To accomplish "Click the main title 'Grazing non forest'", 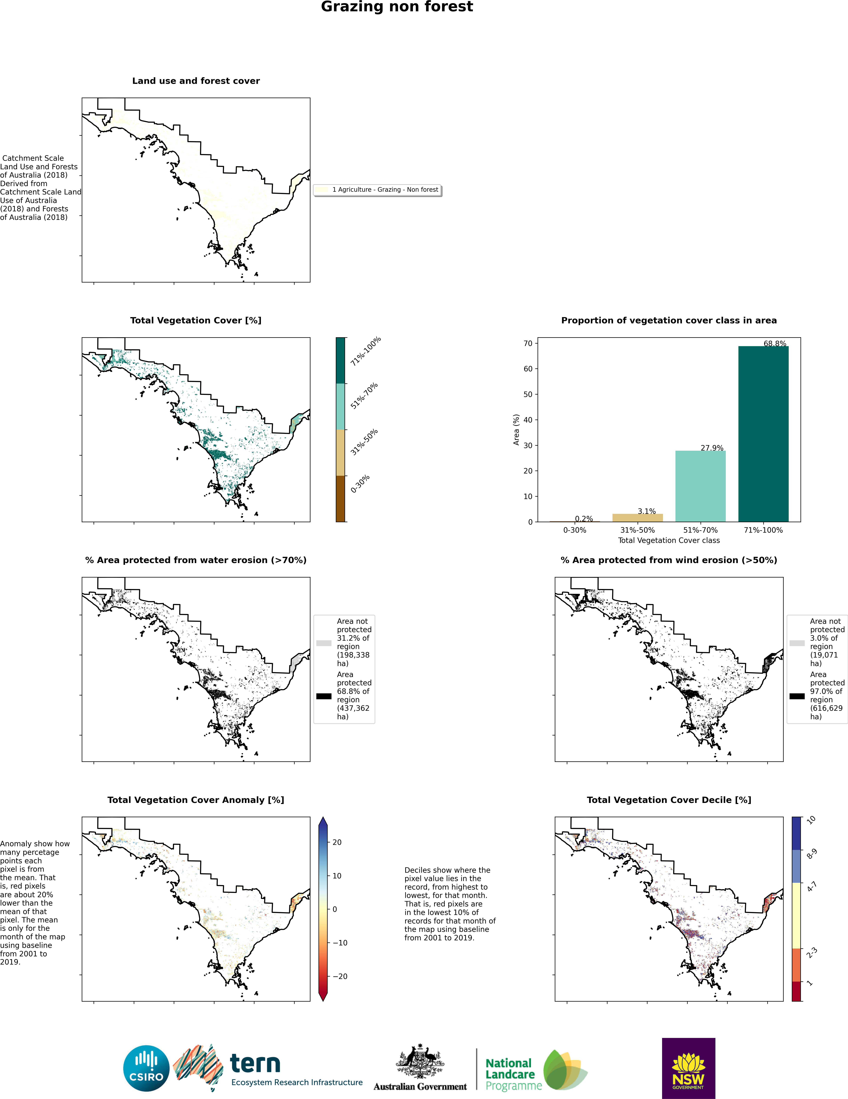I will click(x=397, y=7).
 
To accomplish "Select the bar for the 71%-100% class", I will click(x=763, y=434).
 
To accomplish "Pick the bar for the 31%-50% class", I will click(x=637, y=518).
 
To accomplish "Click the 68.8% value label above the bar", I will click(x=775, y=344).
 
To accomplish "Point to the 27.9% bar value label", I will click(x=712, y=448).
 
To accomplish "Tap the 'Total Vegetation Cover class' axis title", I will click(x=669, y=540).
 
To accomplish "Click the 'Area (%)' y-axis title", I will click(x=516, y=430).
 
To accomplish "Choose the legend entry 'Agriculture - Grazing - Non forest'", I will click(x=385, y=190).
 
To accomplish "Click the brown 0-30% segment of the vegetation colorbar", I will click(x=341, y=499).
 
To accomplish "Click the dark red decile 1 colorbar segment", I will click(x=797, y=991).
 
